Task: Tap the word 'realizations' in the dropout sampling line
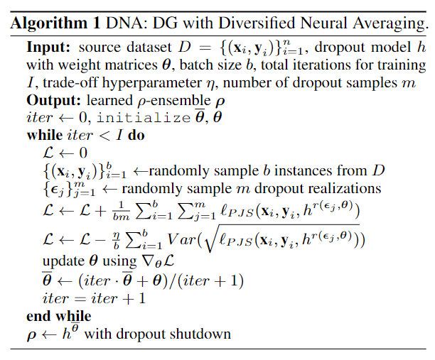click(x=336, y=189)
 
